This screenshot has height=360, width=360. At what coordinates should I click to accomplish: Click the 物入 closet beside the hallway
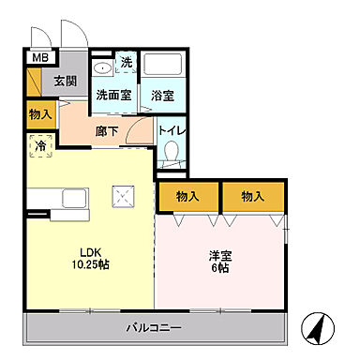[39, 114]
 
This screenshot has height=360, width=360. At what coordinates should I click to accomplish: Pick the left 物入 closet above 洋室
[187, 196]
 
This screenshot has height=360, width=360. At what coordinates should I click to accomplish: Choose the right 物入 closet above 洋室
[252, 196]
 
